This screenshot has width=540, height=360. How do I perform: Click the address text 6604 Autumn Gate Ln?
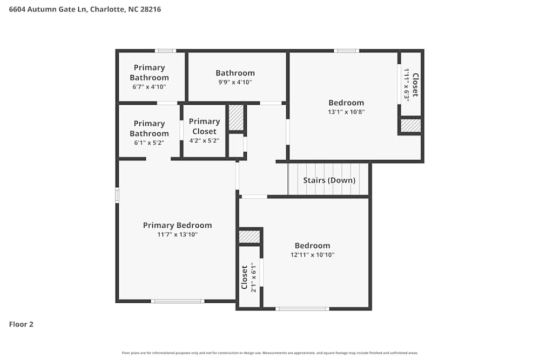[49, 9]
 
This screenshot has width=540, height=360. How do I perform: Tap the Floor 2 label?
[21, 324]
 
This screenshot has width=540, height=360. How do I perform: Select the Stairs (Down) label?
[329, 180]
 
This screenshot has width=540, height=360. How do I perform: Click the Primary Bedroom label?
[177, 225]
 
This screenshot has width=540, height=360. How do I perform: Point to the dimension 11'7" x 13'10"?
[177, 235]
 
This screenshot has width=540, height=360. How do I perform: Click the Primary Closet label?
[204, 126]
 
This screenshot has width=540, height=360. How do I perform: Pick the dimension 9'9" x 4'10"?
[235, 83]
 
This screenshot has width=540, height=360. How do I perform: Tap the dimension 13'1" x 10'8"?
[346, 112]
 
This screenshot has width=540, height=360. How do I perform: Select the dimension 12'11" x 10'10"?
[312, 255]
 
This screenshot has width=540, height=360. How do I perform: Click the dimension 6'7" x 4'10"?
[149, 87]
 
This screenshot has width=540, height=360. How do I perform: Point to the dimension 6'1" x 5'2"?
[149, 143]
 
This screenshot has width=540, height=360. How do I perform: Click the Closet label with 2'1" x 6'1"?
[245, 277]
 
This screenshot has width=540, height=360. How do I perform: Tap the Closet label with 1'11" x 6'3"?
[415, 85]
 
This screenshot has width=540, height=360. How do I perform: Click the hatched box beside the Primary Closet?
[236, 118]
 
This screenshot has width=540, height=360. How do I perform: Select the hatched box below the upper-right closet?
[410, 125]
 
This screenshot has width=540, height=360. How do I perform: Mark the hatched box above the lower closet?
[249, 236]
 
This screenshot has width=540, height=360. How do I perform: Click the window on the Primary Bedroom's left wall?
[117, 195]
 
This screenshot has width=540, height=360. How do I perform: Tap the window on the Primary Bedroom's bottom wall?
[177, 301]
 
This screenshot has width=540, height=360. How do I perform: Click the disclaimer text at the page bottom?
[270, 353]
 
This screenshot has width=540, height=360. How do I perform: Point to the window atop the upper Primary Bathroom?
[165, 51]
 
